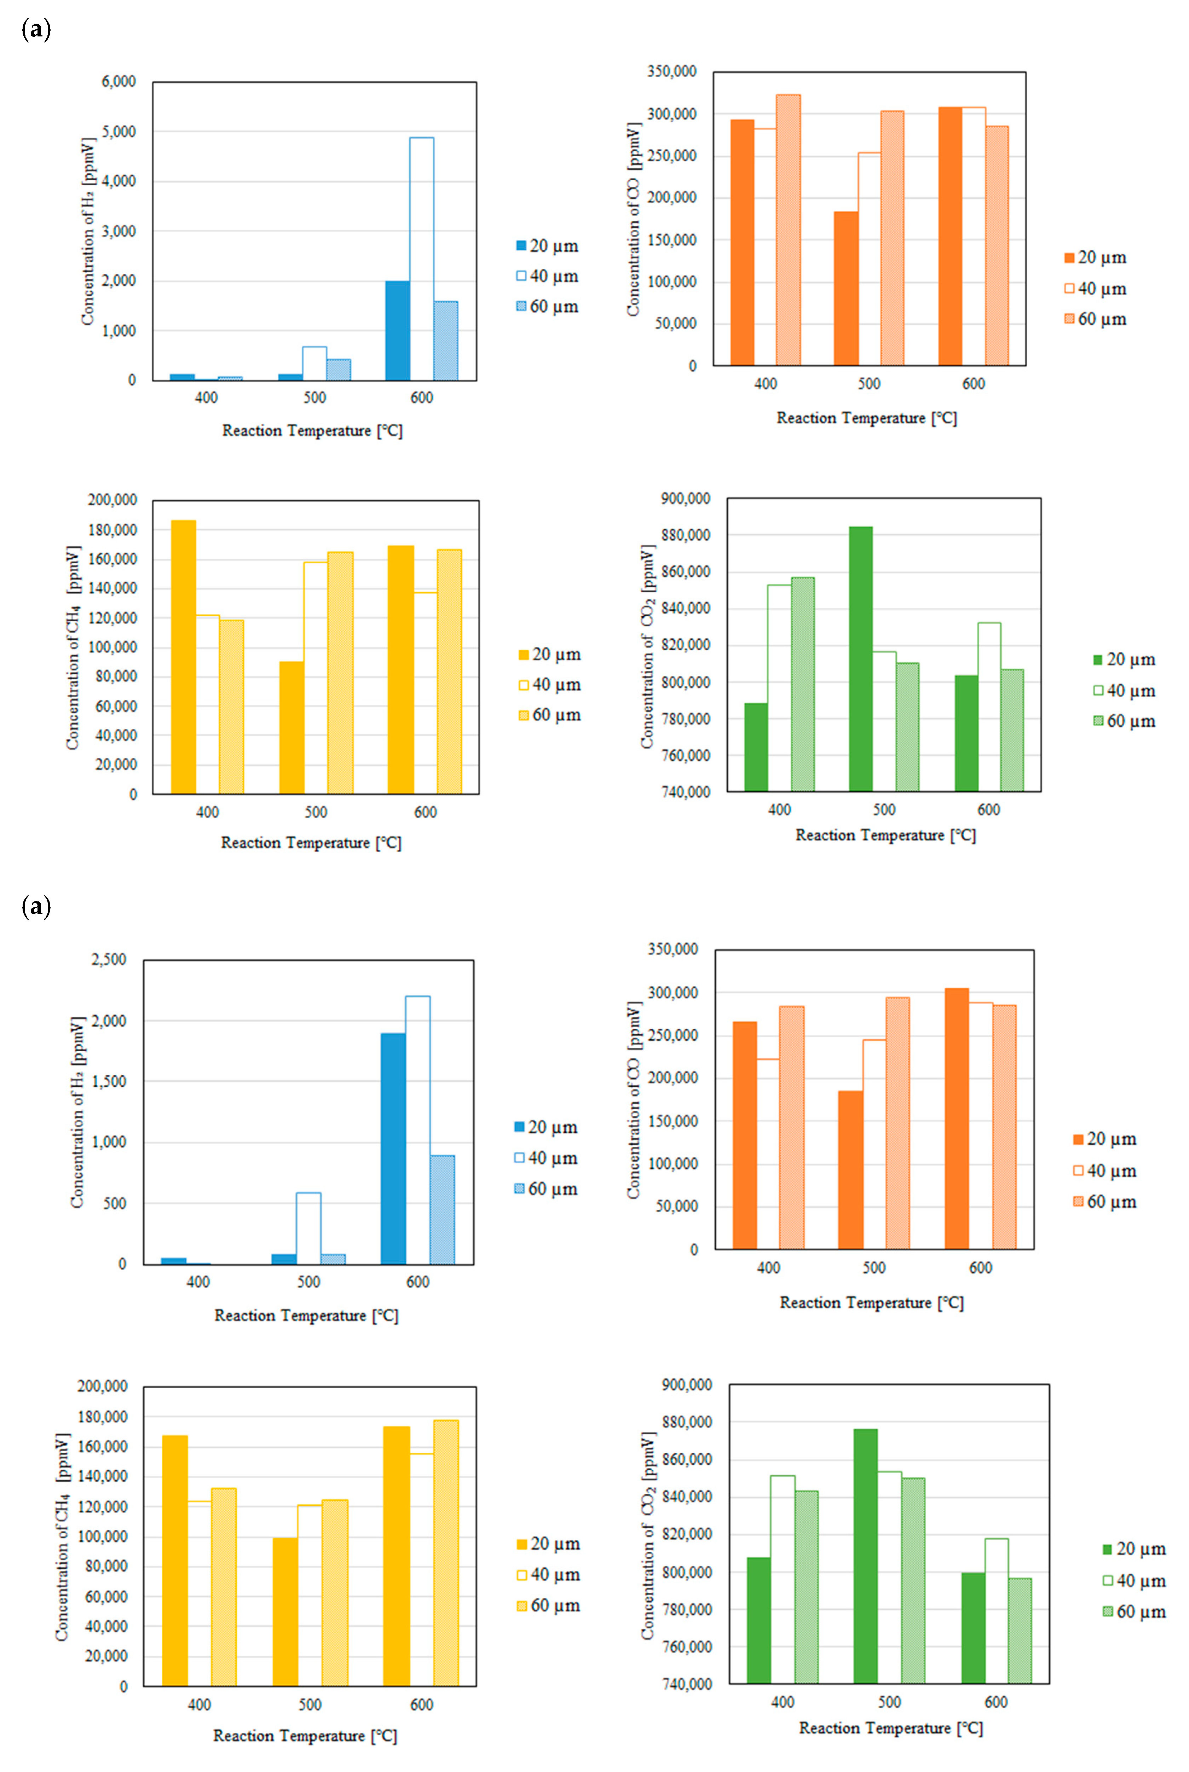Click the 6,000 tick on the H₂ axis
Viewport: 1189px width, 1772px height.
tap(119, 82)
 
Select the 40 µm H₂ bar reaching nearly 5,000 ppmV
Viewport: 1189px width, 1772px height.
tap(422, 258)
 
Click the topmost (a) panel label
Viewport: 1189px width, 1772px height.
tap(36, 30)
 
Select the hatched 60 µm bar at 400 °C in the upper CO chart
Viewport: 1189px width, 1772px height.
tap(788, 230)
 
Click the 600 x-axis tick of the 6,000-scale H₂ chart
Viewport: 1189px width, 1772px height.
tap(422, 398)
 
